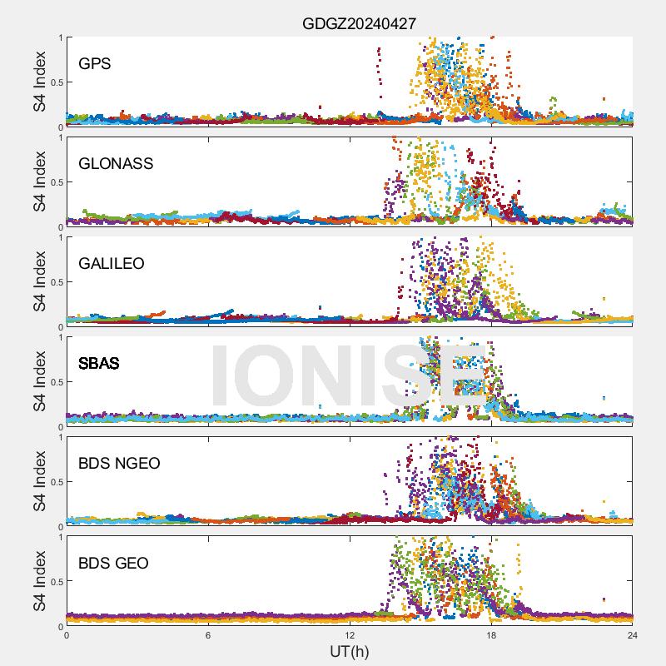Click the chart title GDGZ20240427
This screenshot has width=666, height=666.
coord(359,24)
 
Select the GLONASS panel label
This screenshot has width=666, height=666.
coord(116,163)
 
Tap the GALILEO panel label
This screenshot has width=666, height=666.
coord(112,263)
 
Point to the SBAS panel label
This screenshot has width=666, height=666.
coord(98,363)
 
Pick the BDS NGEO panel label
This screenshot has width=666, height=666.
coord(119,463)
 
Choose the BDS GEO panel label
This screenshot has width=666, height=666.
coord(113,563)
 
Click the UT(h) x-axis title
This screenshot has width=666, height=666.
coord(350,651)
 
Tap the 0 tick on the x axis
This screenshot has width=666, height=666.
coord(67,635)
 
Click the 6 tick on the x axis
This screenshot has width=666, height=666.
coord(208,635)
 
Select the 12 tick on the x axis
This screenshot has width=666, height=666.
coord(350,635)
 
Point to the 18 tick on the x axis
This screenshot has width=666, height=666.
coord(491,635)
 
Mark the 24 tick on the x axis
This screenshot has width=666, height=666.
coord(633,635)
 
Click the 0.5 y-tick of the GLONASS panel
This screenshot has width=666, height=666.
coord(53,182)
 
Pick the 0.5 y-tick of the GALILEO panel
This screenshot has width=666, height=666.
coord(53,282)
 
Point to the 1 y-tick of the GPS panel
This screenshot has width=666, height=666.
coord(59,37)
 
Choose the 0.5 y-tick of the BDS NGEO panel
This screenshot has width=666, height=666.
coord(53,482)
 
